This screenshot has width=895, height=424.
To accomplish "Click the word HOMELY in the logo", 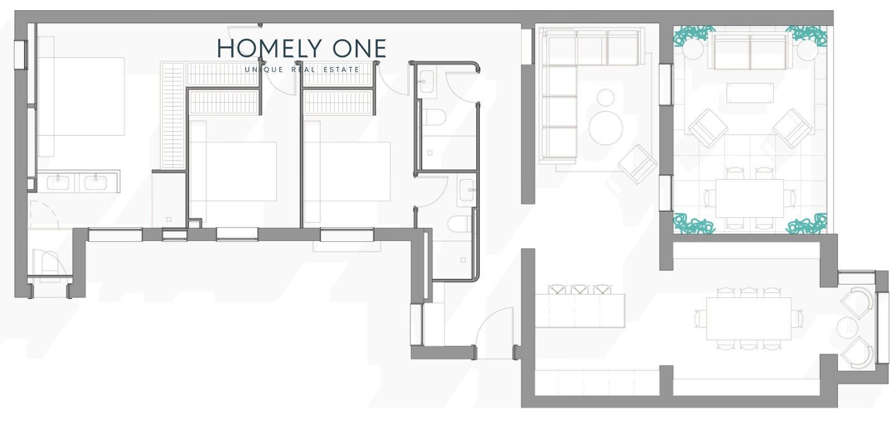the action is click(269, 48).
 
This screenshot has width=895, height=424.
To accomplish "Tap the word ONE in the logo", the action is click(360, 48).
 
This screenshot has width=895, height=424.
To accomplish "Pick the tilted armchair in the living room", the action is click(638, 164).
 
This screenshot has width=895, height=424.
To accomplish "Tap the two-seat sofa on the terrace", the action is click(750, 51).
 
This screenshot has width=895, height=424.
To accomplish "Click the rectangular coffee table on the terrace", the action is click(750, 93).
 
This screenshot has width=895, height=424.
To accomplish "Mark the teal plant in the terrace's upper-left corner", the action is click(694, 35).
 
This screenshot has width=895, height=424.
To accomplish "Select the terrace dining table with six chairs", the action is click(750, 198).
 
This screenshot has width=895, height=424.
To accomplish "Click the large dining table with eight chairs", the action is click(749, 319).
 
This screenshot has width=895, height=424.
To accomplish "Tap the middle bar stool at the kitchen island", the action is click(580, 290).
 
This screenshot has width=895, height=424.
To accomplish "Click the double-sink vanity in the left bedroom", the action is click(78, 182).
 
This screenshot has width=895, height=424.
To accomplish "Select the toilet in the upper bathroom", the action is click(434, 117).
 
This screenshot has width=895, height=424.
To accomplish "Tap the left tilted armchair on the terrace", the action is click(708, 128).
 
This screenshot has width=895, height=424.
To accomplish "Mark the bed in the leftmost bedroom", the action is click(81, 96).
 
